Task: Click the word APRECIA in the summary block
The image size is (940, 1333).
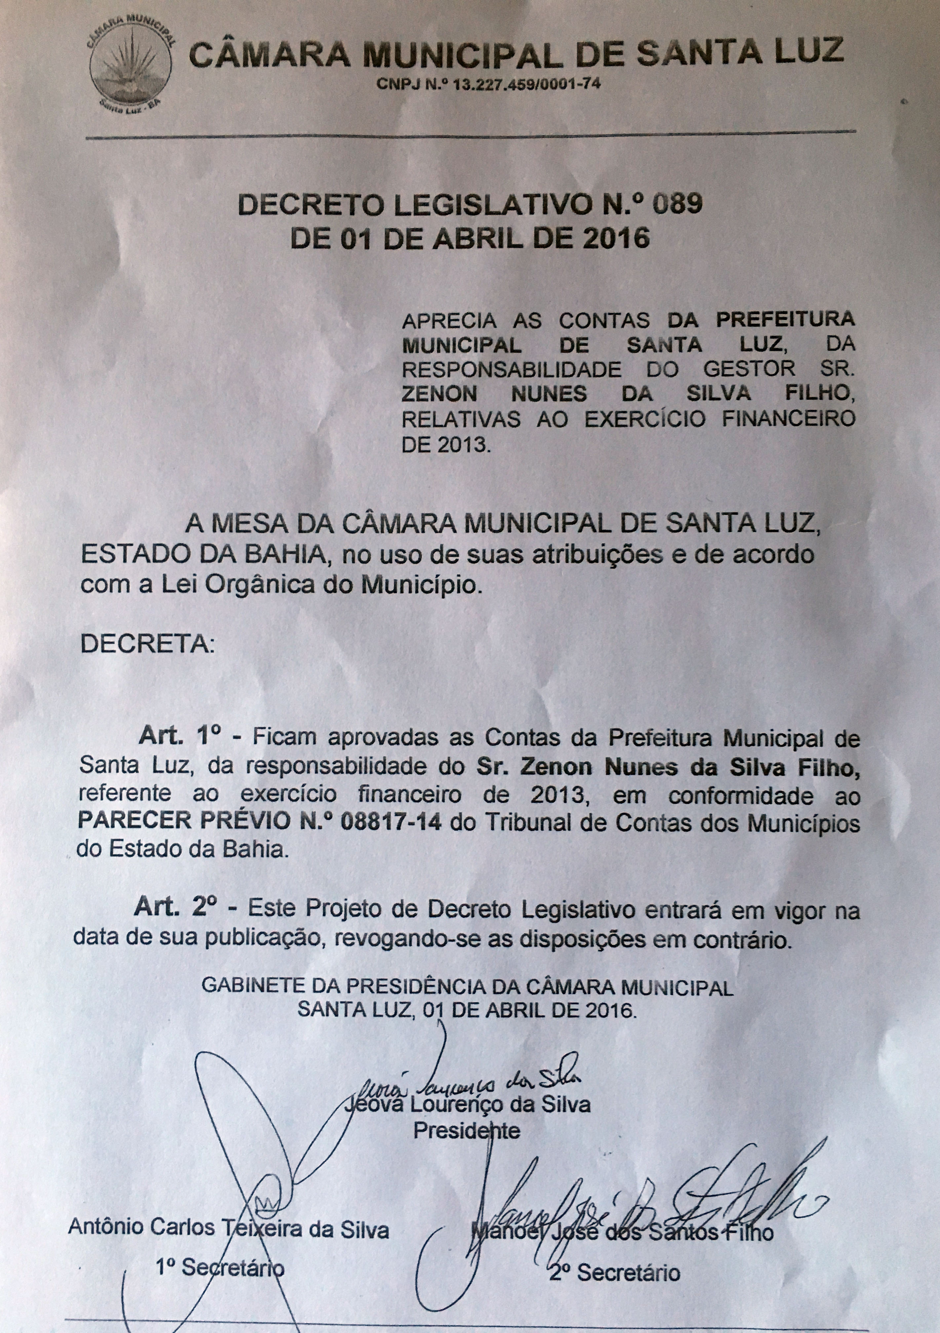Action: (x=450, y=320)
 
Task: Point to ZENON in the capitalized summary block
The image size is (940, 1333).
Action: (x=439, y=394)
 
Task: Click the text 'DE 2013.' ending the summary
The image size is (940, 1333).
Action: (x=446, y=445)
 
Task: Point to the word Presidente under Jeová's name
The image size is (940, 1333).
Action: (x=466, y=1146)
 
